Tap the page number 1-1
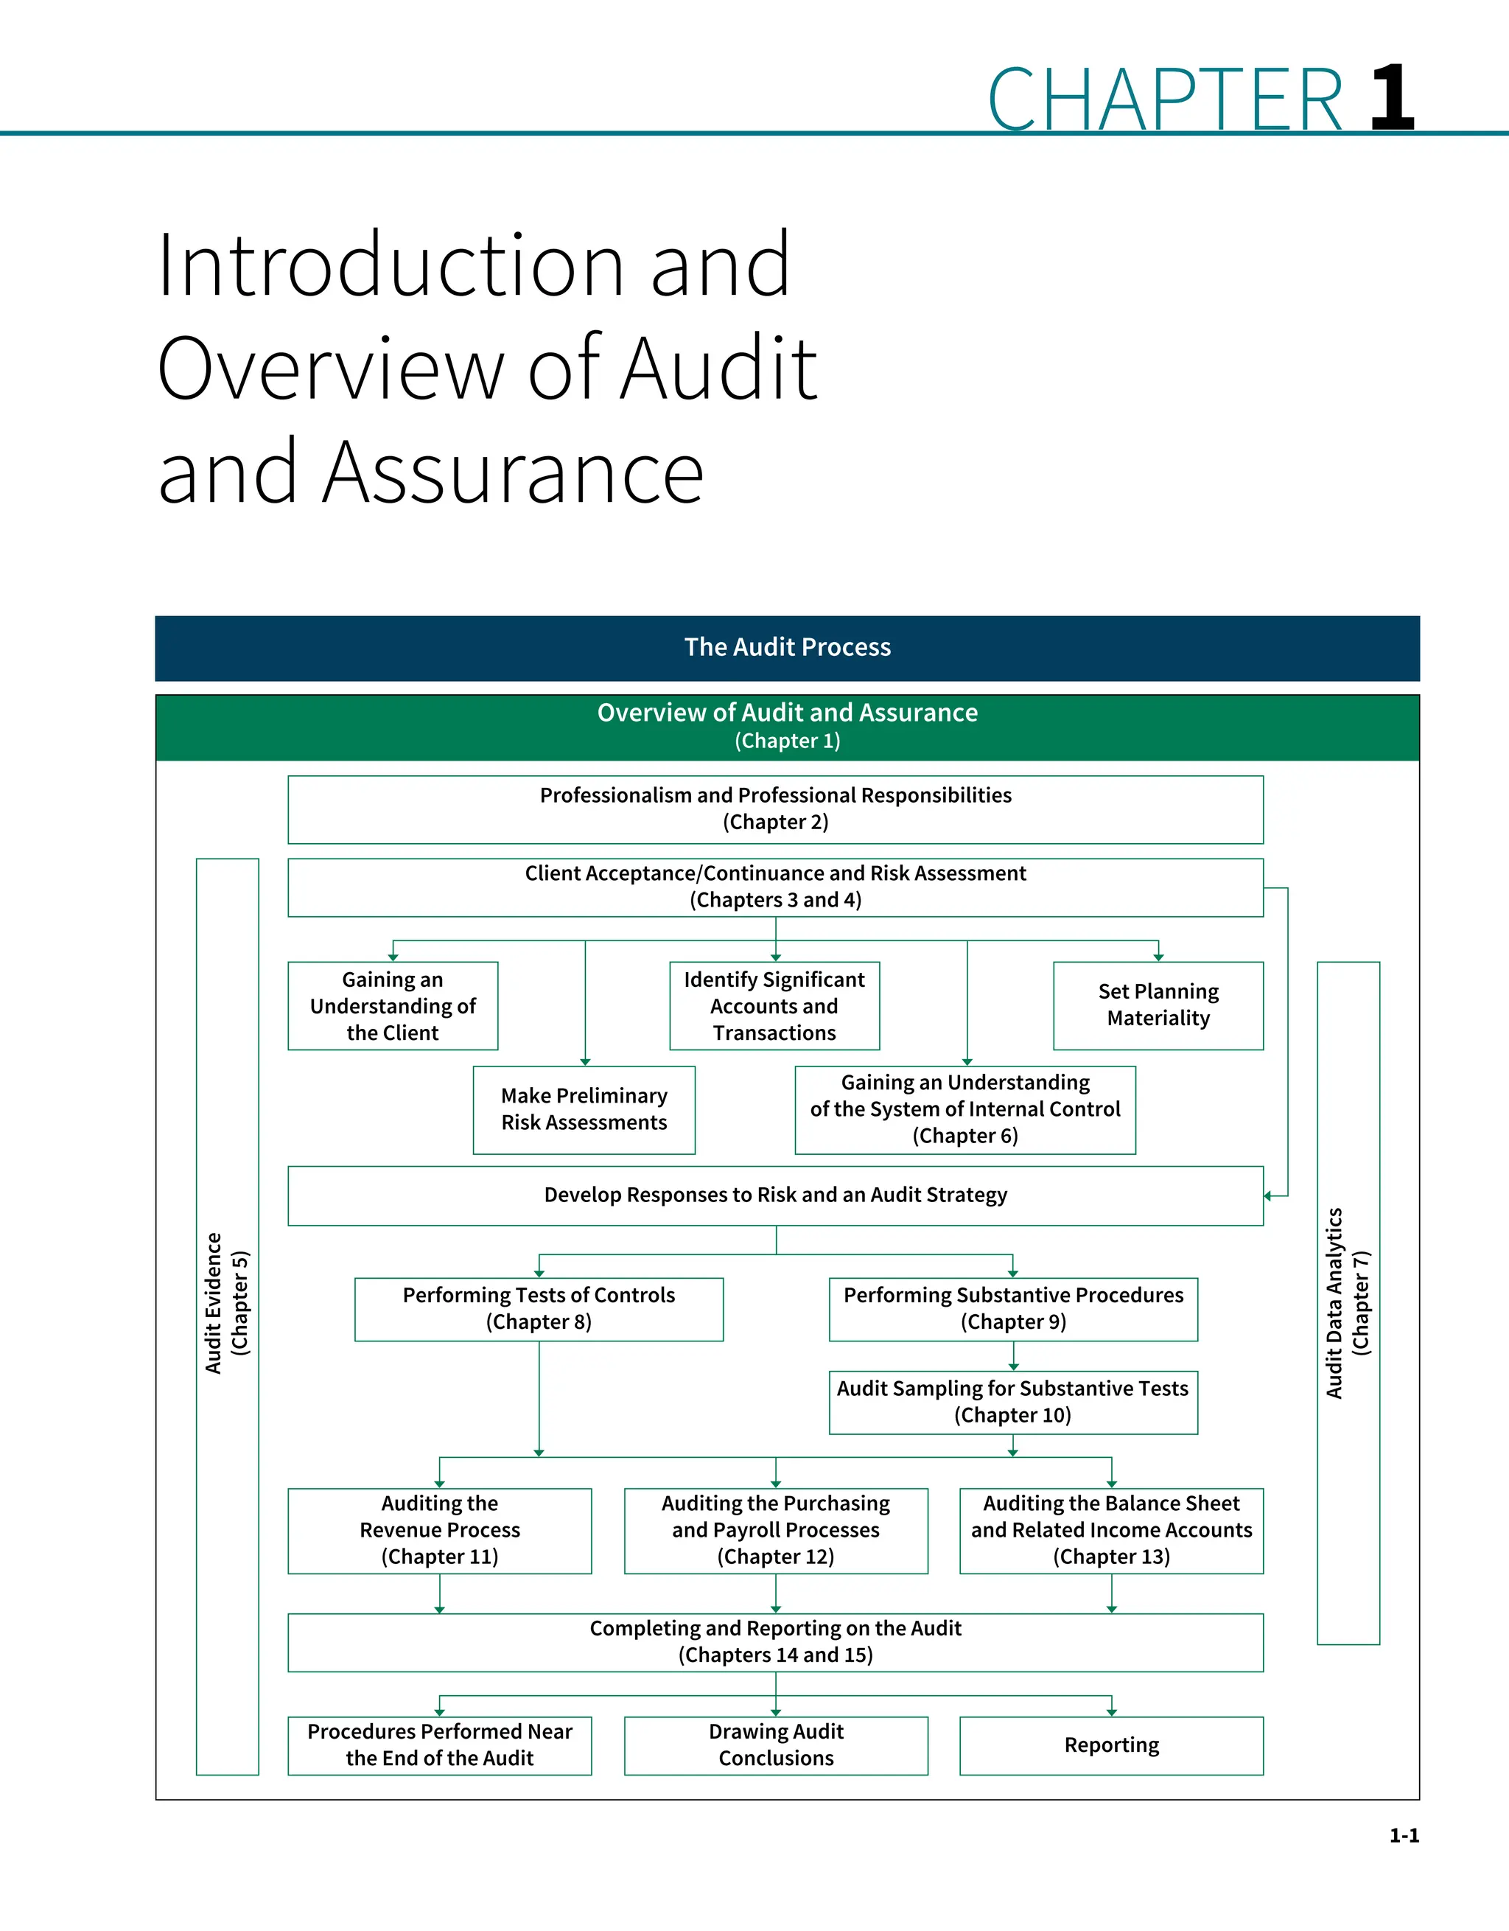click(x=1404, y=1835)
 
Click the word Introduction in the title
click(x=385, y=265)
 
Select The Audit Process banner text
click(x=787, y=647)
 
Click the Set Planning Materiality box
click(x=1158, y=1005)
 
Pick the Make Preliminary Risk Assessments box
click(x=584, y=1110)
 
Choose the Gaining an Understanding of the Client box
click(x=393, y=1006)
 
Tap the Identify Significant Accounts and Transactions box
click(x=774, y=1006)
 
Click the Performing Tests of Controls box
click(x=539, y=1308)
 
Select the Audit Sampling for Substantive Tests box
click(x=1012, y=1403)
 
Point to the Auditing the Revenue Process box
click(x=439, y=1531)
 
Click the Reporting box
click(x=1111, y=1745)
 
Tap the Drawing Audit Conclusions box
click(x=775, y=1745)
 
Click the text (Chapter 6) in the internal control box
click(x=965, y=1136)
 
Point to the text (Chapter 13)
click(x=1111, y=1557)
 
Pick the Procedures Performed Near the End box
click(x=439, y=1745)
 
